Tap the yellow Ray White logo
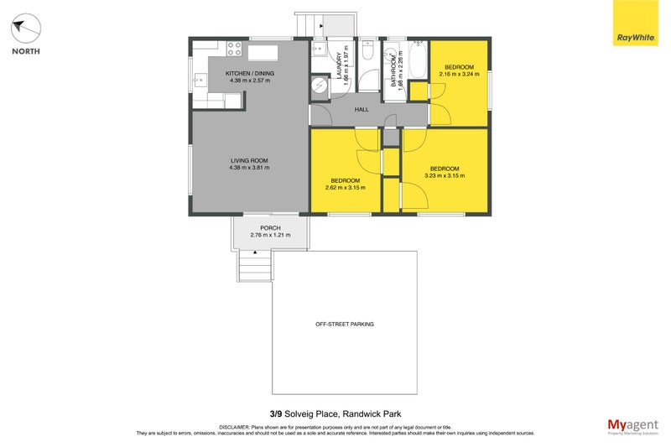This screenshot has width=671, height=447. point(636,23)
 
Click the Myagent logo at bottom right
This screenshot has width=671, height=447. point(633,425)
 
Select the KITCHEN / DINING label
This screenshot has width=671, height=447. point(250,74)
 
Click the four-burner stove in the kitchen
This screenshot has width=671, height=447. point(232,48)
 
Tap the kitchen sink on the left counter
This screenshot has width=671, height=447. point(200,81)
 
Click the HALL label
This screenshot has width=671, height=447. point(362,110)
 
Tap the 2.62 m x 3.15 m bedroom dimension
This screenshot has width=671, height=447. point(346,188)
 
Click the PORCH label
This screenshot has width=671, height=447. point(270,228)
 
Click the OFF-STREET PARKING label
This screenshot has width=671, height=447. point(345,324)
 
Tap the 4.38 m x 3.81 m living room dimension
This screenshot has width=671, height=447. point(249,168)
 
